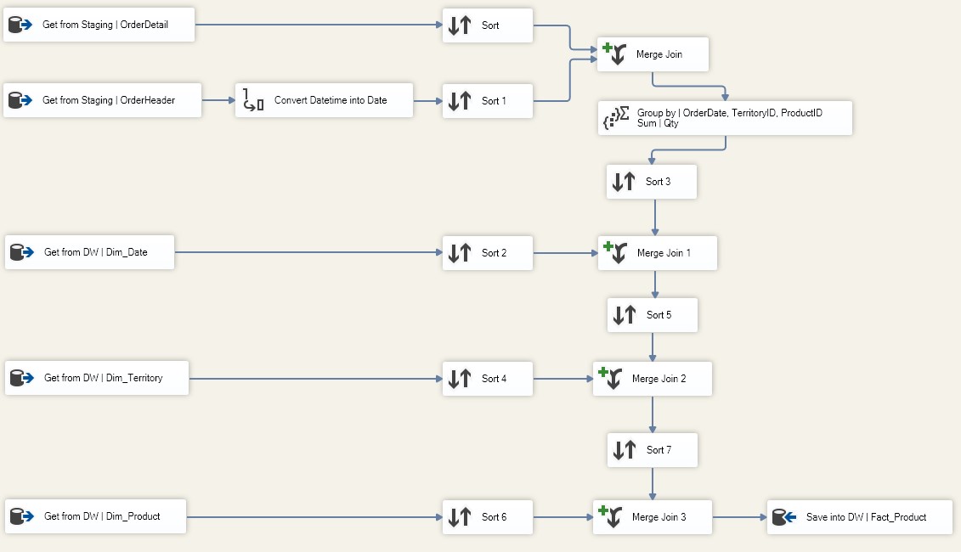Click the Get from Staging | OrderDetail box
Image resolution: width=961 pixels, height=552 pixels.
pos(99,25)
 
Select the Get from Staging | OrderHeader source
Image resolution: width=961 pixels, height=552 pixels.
pos(102,100)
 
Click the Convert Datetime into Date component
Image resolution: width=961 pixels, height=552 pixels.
pos(325,100)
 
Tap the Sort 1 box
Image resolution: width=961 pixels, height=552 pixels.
pos(487,100)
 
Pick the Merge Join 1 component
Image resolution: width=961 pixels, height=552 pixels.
pos(657,252)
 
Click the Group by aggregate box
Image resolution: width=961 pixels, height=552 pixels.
pos(725,118)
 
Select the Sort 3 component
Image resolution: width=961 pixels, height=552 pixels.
pos(652,182)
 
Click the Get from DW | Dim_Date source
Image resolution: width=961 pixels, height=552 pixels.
pos(89,252)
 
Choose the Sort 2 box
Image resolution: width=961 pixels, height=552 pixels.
pos(487,252)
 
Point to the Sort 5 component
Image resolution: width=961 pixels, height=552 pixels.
pos(652,315)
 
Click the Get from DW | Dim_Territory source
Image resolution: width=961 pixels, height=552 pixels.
pos(97,377)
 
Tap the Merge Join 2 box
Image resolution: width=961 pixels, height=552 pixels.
pos(652,379)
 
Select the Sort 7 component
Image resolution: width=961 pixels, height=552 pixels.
pos(652,450)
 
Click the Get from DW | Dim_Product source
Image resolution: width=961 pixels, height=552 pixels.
pos(96,515)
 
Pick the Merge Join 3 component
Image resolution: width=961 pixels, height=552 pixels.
pos(652,517)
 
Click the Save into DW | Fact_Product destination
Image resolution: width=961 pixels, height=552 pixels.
pos(859,517)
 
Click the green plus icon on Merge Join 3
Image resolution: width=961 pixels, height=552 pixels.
pos(603,510)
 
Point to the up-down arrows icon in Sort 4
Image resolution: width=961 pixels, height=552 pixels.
pos(460,379)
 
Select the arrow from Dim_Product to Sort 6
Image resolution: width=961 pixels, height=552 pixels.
pos(314,517)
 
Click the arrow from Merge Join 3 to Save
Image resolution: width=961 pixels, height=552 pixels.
pos(740,517)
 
